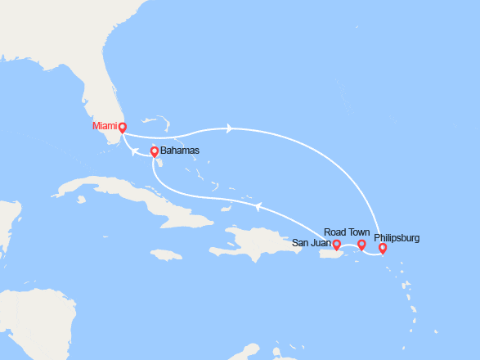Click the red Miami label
(x=104, y=127)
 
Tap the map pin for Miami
(x=122, y=127)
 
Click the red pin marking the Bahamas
(x=154, y=151)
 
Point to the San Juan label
(x=312, y=243)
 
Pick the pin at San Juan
(x=336, y=243)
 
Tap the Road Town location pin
(x=362, y=245)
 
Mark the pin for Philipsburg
(x=383, y=248)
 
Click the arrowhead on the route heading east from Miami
(x=231, y=128)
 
